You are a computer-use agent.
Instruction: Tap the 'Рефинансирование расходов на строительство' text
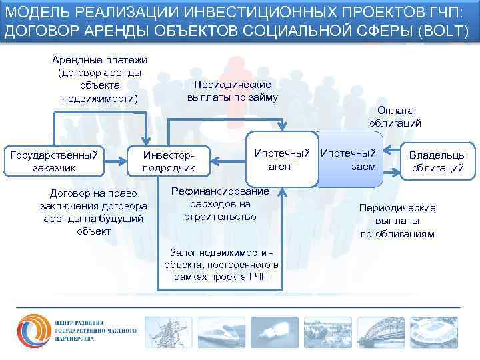tap(219, 204)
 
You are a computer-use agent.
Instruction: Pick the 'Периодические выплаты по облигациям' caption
tap(397, 221)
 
